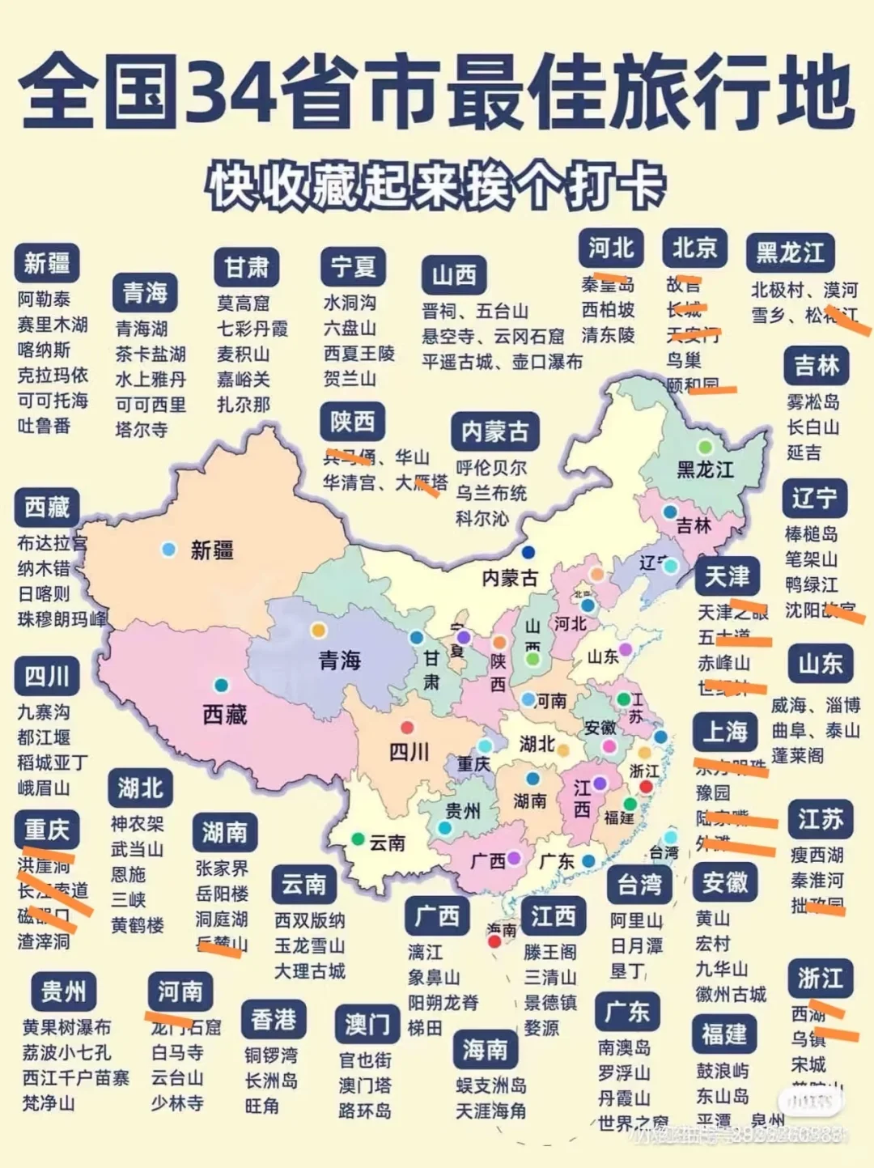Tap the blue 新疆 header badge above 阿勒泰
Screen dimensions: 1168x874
[47, 263]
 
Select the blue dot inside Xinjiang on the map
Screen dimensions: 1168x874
[168, 550]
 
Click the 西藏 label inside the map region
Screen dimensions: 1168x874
[224, 714]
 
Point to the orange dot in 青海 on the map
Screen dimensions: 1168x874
[319, 630]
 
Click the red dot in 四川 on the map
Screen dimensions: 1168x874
[408, 727]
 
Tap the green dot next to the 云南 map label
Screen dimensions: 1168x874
[357, 839]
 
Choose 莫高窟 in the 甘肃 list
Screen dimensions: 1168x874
[243, 304]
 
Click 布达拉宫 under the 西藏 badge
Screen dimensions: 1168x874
[52, 543]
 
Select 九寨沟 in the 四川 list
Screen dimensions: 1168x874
[44, 712]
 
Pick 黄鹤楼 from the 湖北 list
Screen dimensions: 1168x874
[138, 925]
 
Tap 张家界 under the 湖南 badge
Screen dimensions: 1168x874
[222, 869]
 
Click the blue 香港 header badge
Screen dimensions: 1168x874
[274, 1019]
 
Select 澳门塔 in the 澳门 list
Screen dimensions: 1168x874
[365, 1085]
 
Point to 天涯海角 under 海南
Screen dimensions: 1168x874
[490, 1111]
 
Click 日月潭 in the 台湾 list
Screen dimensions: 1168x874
[636, 945]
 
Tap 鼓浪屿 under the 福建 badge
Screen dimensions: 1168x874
[723, 1071]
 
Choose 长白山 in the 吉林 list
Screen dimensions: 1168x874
[812, 427]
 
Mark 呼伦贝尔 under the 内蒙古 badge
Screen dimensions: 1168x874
[491, 468]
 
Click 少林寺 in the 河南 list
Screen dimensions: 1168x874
[177, 1103]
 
